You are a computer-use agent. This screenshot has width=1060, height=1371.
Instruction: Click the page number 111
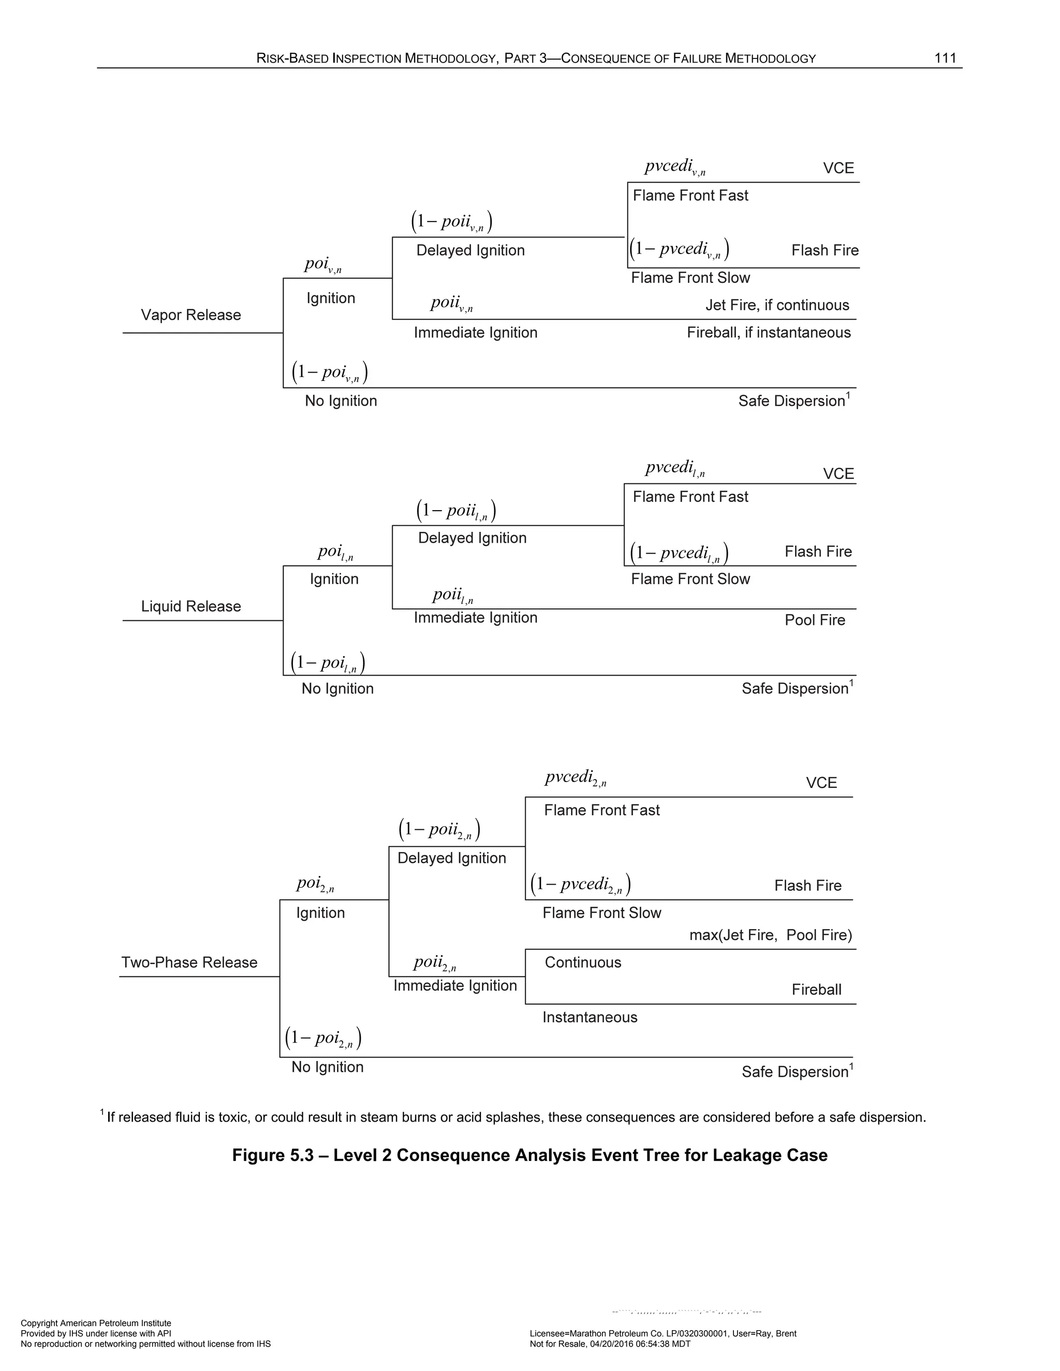[x=945, y=58]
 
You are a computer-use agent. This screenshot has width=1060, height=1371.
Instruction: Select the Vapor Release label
[x=191, y=315]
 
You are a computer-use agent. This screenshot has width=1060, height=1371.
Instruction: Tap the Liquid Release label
[x=191, y=606]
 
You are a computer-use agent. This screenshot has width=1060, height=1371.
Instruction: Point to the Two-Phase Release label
[x=189, y=962]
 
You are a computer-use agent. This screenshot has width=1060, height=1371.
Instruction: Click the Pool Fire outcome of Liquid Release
[x=815, y=620]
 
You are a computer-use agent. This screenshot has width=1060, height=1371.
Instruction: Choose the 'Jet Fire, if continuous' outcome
[x=777, y=305]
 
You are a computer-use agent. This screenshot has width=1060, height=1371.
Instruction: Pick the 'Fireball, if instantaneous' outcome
[x=769, y=333]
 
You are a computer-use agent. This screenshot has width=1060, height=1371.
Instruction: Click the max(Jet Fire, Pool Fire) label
[x=771, y=935]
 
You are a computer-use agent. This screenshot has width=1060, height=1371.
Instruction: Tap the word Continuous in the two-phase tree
[x=583, y=962]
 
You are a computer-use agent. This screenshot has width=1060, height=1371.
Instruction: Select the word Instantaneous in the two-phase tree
[x=590, y=1017]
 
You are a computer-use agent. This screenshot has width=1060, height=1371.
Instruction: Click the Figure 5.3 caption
[x=529, y=1156]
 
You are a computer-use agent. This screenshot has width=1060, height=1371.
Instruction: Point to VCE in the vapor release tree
[x=838, y=168]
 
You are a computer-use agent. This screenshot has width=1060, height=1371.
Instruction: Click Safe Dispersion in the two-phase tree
[x=795, y=1071]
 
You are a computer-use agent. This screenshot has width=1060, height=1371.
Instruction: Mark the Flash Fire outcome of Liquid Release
[x=818, y=552]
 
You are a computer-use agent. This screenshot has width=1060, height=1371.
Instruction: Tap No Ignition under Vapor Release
[x=341, y=401]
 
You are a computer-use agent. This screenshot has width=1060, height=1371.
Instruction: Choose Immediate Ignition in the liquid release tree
[x=475, y=618]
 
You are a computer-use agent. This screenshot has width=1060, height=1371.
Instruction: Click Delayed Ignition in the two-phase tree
[x=451, y=858]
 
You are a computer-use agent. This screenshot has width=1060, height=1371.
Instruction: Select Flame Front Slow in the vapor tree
[x=690, y=278]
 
